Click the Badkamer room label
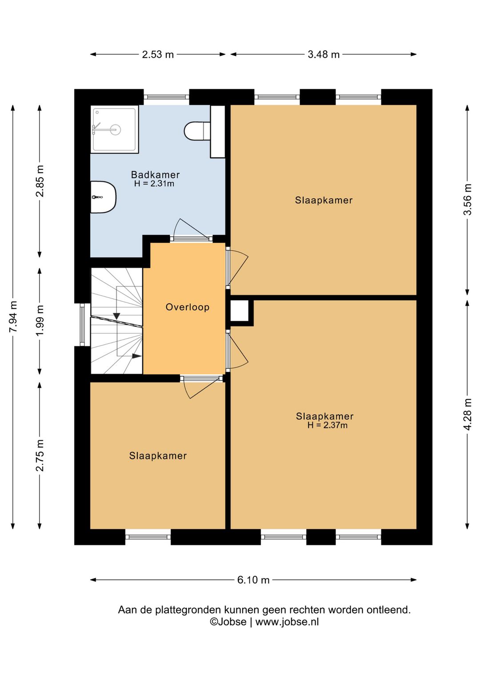(155, 175)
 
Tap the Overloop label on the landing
(188, 307)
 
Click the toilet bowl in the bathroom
(197, 131)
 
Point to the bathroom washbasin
(103, 197)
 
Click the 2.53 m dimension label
(158, 55)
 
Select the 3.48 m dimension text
(324, 55)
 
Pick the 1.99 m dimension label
(40, 320)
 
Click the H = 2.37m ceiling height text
(328, 425)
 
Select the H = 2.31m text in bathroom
(154, 183)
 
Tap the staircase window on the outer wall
(82, 324)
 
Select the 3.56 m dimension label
(468, 199)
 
